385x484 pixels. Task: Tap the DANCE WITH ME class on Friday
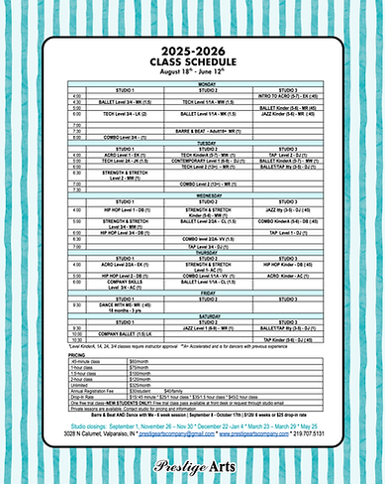pos(98,305)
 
